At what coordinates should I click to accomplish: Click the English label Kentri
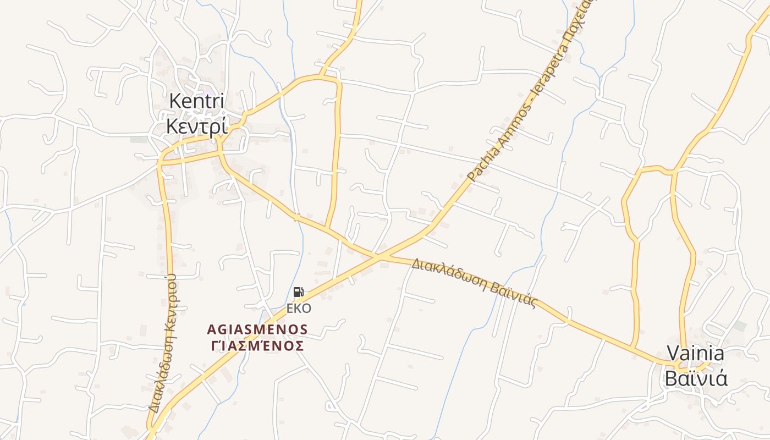(x=196, y=102)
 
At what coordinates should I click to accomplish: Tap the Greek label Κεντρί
(x=196, y=126)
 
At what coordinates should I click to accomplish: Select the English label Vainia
(x=695, y=353)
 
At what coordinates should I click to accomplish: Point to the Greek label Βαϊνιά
(x=696, y=378)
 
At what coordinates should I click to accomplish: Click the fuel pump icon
(x=298, y=292)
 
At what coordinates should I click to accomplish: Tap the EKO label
(x=298, y=308)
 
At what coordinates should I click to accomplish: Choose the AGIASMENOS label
(x=257, y=329)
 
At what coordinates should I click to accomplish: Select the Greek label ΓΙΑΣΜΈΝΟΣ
(x=257, y=346)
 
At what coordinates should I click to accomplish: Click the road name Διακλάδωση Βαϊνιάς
(x=474, y=283)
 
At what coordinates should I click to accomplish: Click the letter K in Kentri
(x=175, y=102)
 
